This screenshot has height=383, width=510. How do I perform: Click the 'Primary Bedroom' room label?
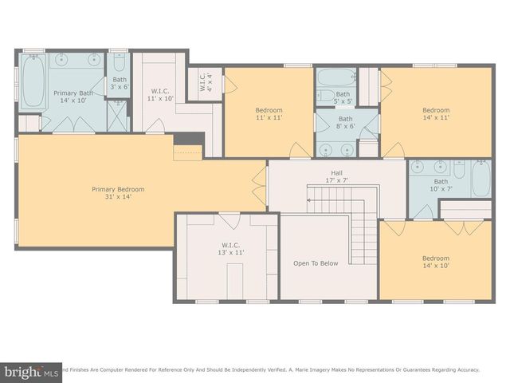pyautogui.click(x=118, y=194)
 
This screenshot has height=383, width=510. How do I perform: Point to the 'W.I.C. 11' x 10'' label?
pyautogui.click(x=163, y=95)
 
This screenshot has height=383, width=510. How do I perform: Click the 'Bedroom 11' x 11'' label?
pyautogui.click(x=269, y=114)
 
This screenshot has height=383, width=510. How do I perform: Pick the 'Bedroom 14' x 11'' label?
pyautogui.click(x=436, y=114)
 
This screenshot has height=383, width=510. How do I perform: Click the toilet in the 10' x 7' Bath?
pyautogui.click(x=460, y=170)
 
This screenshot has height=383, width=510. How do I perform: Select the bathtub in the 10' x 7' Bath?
pyautogui.click(x=481, y=178)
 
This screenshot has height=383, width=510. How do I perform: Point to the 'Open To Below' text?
pyautogui.click(x=316, y=263)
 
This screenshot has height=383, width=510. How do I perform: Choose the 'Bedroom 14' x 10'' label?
pyautogui.click(x=436, y=263)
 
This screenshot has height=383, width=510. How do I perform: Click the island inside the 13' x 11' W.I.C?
pyautogui.click(x=236, y=281)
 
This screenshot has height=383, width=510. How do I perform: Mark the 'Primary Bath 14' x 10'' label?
pyautogui.click(x=73, y=97)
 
